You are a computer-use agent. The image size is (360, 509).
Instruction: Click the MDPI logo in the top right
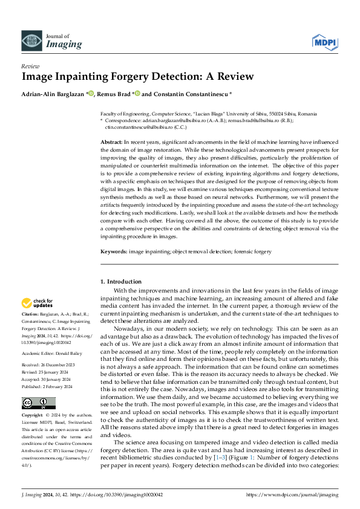tap(324, 41)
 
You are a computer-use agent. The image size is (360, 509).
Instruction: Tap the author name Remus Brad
tap(113, 94)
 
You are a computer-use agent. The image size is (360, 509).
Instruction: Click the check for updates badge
tap(38, 303)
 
